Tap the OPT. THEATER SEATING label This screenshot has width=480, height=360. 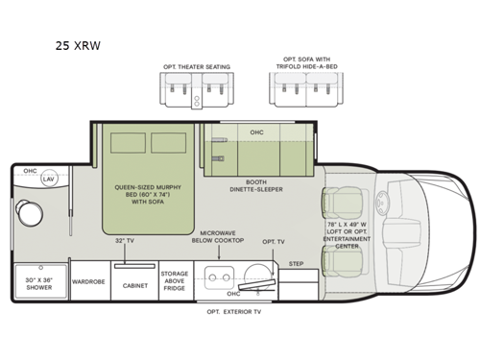point(197,66)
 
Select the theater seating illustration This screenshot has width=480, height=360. point(197,92)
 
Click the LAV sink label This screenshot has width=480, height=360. point(48,179)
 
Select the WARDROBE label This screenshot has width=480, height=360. point(88,283)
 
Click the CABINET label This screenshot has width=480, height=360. point(133,284)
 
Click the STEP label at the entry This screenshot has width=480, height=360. point(297,261)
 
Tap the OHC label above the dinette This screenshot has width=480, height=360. point(256,132)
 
